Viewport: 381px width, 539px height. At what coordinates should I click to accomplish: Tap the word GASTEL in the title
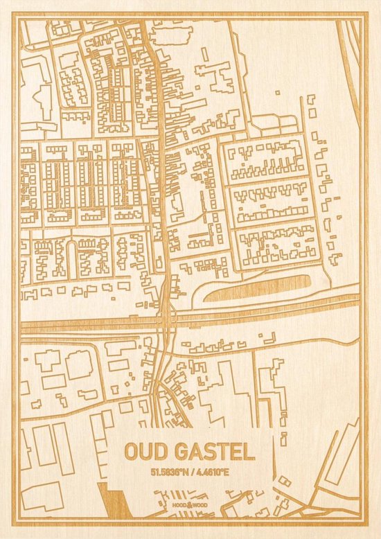tap(211, 452)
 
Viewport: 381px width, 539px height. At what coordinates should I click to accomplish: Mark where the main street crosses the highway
tap(166, 319)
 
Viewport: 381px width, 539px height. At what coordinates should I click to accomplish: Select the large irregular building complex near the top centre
tap(215, 76)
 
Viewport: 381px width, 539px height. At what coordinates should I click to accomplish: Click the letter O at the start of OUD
tap(132, 452)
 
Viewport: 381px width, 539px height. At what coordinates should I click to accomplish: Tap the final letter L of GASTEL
tap(249, 452)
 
